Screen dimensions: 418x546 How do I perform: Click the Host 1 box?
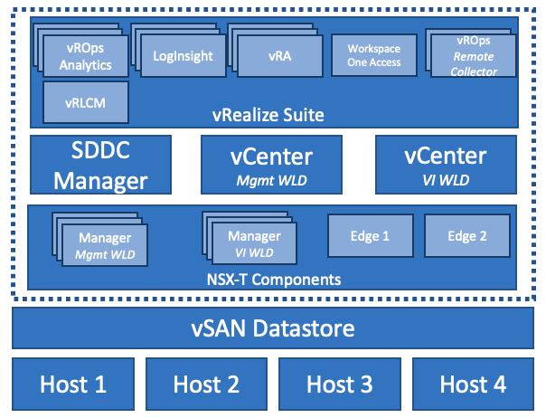(x=73, y=384)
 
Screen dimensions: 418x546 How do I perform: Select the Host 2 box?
(x=206, y=384)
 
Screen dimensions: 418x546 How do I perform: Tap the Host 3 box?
(x=339, y=384)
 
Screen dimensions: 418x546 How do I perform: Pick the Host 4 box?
(x=473, y=384)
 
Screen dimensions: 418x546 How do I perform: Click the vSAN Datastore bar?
(x=273, y=328)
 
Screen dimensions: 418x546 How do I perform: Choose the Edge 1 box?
(x=370, y=237)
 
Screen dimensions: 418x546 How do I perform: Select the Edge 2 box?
(x=467, y=237)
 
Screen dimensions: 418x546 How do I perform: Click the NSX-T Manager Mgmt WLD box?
(x=105, y=245)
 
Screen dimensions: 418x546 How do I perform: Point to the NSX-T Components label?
(x=272, y=279)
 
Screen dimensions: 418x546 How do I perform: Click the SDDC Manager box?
(x=100, y=165)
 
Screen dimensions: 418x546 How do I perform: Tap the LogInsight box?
(x=184, y=57)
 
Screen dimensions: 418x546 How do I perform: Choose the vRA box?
(x=279, y=57)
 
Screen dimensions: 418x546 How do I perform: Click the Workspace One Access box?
(x=373, y=56)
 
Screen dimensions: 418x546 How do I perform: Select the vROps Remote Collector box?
(x=475, y=58)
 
